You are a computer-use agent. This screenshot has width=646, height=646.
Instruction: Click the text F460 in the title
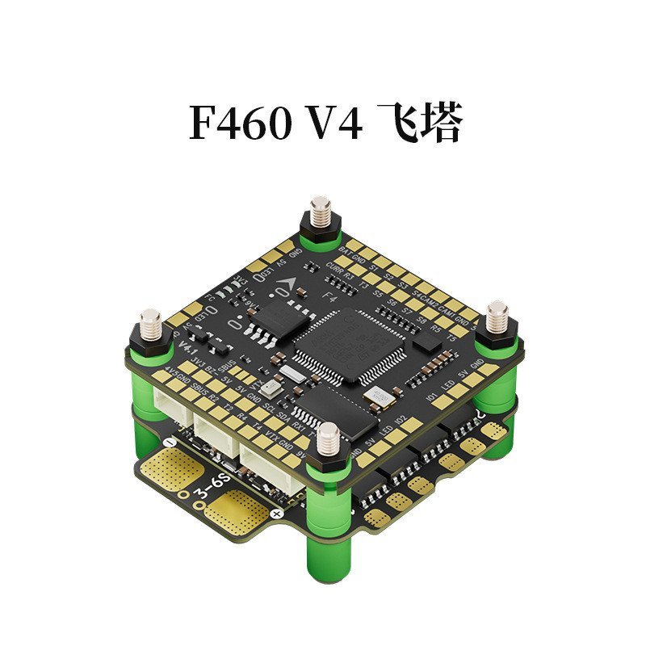pyautogui.click(x=240, y=126)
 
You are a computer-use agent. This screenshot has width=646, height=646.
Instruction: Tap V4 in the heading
pyautogui.click(x=333, y=126)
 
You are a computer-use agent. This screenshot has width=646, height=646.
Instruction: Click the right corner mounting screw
pyautogui.click(x=496, y=317)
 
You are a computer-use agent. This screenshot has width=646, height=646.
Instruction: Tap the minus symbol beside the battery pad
pyautogui.click(x=168, y=443)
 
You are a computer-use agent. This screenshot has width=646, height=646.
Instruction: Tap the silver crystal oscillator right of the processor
pyautogui.click(x=376, y=395)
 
